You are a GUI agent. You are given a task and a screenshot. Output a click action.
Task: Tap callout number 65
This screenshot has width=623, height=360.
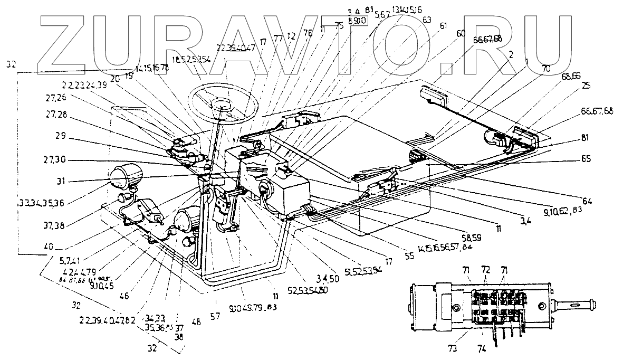[x=585, y=159]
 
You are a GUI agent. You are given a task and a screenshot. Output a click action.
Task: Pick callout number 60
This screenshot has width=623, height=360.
[x=461, y=33]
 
